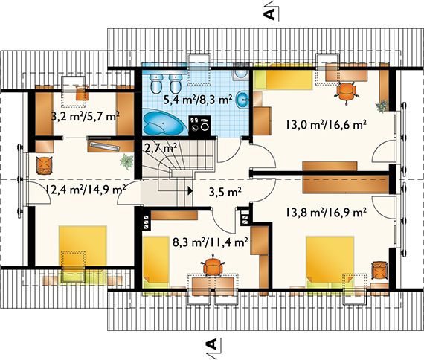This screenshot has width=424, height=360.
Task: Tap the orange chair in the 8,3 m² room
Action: click(x=214, y=266)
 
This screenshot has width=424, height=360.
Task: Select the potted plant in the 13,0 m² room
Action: click(x=382, y=105)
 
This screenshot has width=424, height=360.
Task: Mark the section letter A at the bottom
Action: click(x=211, y=344)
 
